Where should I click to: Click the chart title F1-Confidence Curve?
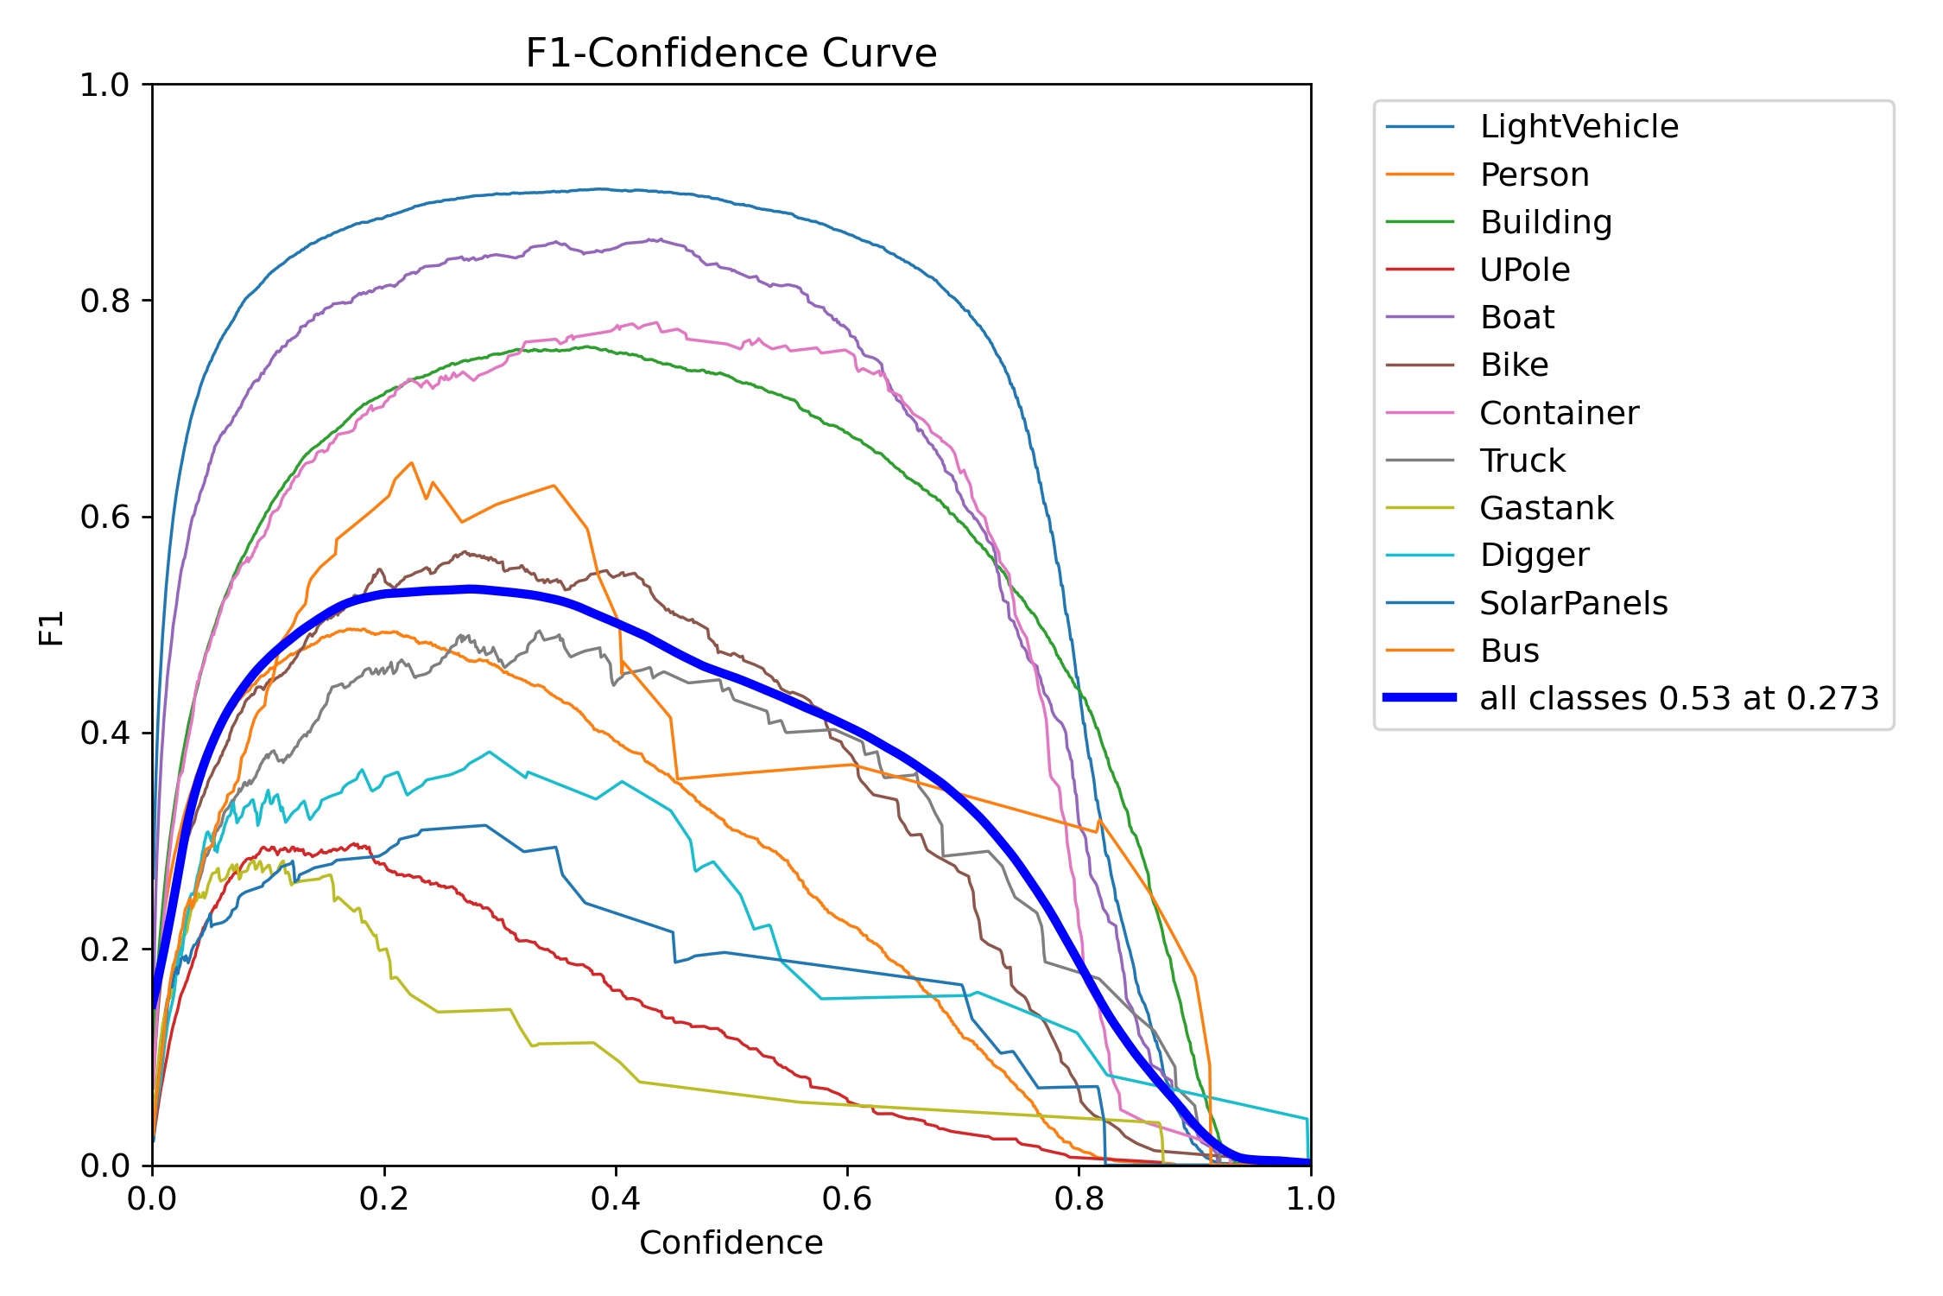(731, 54)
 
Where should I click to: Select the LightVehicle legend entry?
(1579, 127)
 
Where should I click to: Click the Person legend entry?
(1534, 175)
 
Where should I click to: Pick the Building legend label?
(1546, 222)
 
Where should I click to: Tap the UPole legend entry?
(1524, 270)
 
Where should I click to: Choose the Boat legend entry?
(1516, 317)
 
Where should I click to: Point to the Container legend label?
(1559, 413)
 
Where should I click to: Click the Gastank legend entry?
(1546, 508)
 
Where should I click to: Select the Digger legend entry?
(1534, 555)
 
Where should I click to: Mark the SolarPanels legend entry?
(1573, 603)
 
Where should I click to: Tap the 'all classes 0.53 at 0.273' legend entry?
(1678, 698)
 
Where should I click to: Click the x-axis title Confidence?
(731, 1242)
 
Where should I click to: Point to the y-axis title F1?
(52, 628)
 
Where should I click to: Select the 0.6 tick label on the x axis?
(847, 1199)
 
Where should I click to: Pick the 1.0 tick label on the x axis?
(1310, 1199)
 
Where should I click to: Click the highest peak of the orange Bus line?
(412, 463)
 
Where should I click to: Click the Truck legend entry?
(1522, 461)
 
